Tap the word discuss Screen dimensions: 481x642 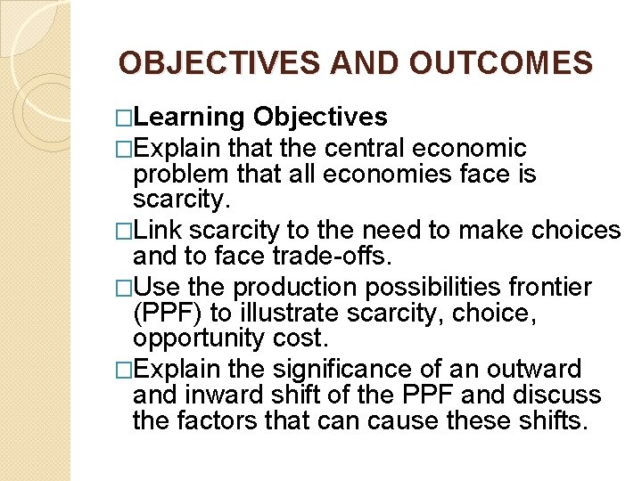click(558, 395)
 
